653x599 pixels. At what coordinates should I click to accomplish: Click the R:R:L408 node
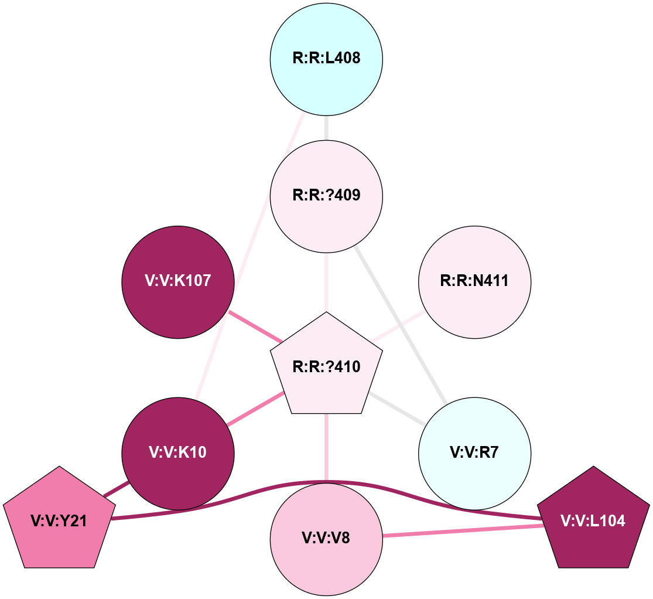(326, 59)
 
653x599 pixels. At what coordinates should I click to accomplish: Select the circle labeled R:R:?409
(326, 195)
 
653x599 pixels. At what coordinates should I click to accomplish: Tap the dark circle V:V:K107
(178, 282)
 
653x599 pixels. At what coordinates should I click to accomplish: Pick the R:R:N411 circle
(474, 282)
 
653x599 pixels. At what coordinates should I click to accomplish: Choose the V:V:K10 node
(178, 453)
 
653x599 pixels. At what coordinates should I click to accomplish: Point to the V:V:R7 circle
(474, 453)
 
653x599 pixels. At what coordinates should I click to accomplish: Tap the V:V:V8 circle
(326, 538)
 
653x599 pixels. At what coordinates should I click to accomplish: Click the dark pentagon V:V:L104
(593, 520)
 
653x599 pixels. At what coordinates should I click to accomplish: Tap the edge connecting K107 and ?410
(255, 326)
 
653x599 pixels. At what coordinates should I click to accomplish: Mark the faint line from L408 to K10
(252, 258)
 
